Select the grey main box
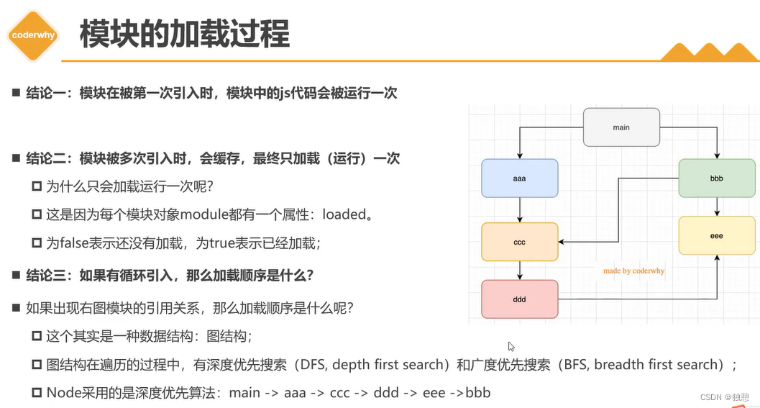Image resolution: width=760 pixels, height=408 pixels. [621, 127]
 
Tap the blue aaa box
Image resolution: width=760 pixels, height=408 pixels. [520, 178]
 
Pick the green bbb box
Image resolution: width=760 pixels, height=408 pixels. [716, 178]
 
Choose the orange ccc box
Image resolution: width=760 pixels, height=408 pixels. [520, 242]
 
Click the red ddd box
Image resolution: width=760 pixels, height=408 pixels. [520, 299]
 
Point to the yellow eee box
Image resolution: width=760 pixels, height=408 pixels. [716, 235]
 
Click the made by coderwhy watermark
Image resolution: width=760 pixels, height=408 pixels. [633, 271]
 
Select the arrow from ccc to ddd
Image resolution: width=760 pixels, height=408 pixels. [520, 270]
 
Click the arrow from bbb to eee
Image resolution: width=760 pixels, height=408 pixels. [717, 207]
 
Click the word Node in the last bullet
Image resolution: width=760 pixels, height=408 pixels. [63, 393]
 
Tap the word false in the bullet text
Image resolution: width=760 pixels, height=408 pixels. [75, 243]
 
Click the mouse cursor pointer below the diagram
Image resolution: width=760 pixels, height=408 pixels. [511, 346]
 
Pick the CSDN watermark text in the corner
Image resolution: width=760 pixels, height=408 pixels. [712, 396]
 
